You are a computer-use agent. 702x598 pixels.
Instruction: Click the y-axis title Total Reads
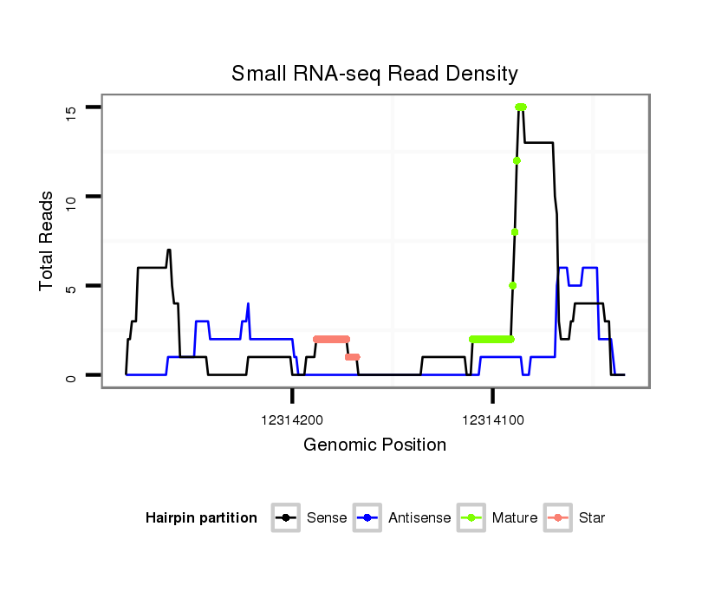pos(47,241)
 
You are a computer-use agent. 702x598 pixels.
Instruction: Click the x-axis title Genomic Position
pos(374,445)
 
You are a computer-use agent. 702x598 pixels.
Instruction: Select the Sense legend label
pos(327,518)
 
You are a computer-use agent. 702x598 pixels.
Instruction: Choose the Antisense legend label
pos(419,518)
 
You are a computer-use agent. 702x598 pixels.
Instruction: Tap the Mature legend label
pos(514,518)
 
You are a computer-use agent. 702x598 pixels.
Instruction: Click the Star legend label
pos(591,518)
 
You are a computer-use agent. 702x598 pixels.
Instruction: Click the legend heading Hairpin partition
pos(201,518)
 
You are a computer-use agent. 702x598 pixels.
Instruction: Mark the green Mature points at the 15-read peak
pos(521,107)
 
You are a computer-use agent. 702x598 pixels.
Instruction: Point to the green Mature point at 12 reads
pos(517,160)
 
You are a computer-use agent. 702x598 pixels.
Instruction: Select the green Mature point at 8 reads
pos(515,231)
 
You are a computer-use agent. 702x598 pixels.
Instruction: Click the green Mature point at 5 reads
pos(512,285)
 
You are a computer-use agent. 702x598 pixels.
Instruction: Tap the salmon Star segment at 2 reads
pos(331,339)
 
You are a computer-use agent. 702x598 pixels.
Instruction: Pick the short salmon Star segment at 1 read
pos(352,357)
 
